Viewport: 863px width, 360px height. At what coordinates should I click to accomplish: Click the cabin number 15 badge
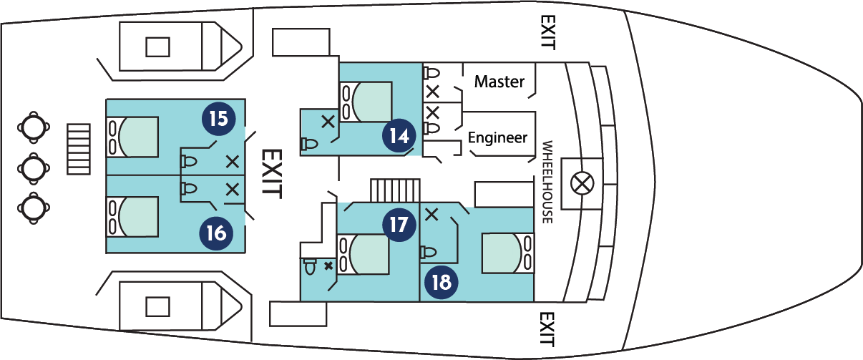tap(219, 117)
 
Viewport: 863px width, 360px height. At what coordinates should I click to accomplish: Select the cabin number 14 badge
tap(399, 135)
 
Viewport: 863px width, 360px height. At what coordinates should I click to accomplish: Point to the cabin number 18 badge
tap(442, 281)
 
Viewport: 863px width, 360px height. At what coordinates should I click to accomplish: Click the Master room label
tap(499, 82)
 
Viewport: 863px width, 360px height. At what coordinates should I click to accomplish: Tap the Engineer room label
tap(497, 137)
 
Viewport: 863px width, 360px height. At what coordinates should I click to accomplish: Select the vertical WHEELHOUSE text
tap(547, 182)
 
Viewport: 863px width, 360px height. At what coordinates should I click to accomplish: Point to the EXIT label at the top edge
tap(547, 32)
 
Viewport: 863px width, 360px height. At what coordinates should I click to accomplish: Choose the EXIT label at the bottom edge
tap(547, 329)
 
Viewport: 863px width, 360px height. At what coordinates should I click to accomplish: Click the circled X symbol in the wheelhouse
tap(581, 184)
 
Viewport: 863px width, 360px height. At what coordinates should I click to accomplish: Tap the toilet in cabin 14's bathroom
tap(310, 143)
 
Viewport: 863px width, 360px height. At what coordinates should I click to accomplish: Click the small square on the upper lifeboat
tap(158, 47)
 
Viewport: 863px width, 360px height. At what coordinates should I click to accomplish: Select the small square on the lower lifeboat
tap(158, 306)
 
